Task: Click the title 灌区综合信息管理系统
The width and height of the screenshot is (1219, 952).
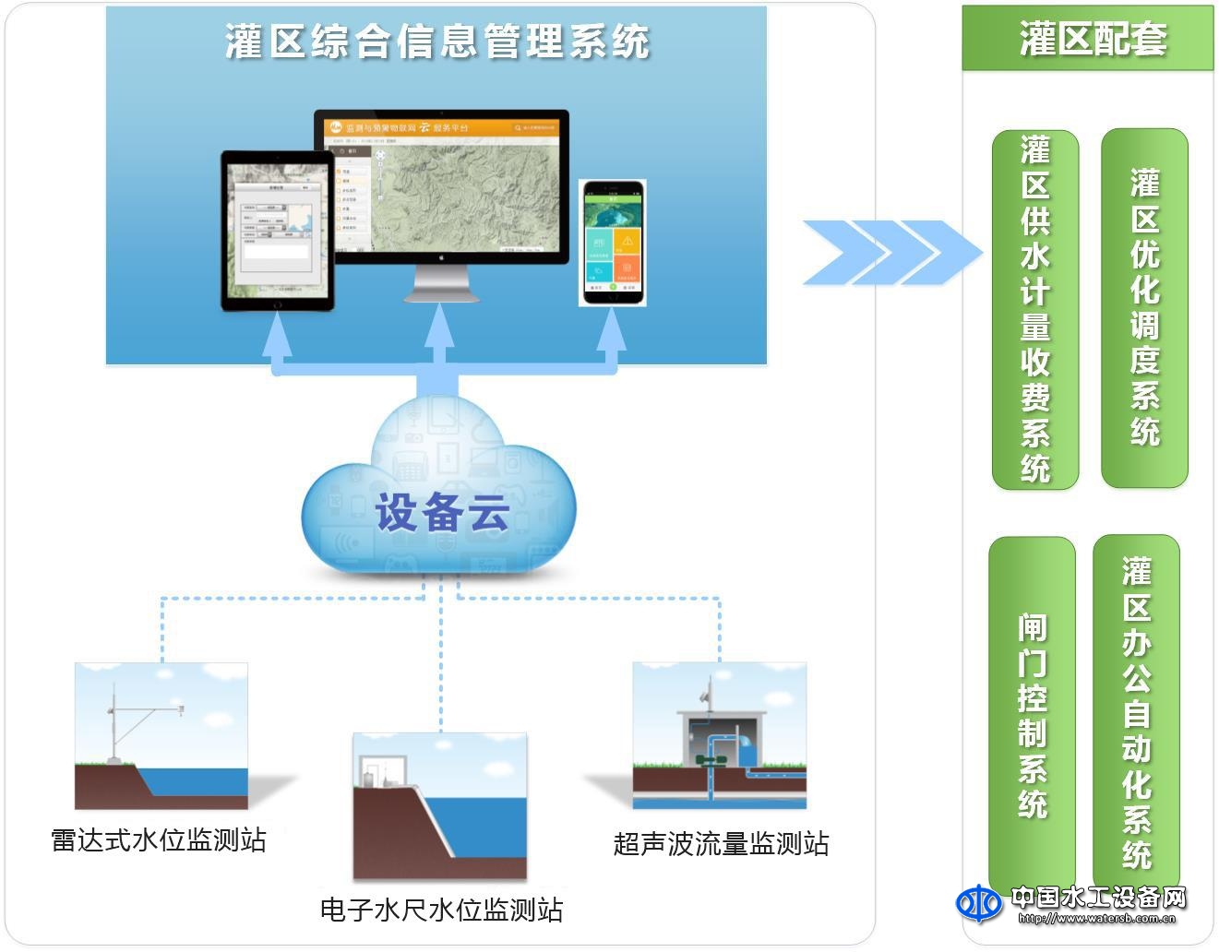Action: [x=437, y=42]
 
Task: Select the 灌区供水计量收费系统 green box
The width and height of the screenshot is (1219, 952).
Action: [x=1035, y=309]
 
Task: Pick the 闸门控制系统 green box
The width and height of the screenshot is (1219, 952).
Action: [x=1032, y=715]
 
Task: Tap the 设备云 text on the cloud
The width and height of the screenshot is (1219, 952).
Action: [x=442, y=513]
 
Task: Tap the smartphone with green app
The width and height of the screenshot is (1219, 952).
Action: [x=613, y=243]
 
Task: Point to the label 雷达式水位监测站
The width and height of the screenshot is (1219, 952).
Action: [x=159, y=840]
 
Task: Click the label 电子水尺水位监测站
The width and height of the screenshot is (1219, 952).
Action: [x=441, y=910]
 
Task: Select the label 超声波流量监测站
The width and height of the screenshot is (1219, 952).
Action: [x=721, y=843]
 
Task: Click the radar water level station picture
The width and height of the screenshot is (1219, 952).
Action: [x=161, y=735]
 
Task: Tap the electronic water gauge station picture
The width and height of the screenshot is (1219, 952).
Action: [x=440, y=805]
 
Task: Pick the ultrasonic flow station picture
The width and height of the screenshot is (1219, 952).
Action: [x=720, y=735]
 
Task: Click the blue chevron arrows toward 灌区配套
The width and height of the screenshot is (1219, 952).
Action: [x=890, y=252]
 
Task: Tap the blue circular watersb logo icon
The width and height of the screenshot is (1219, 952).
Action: [x=978, y=904]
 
